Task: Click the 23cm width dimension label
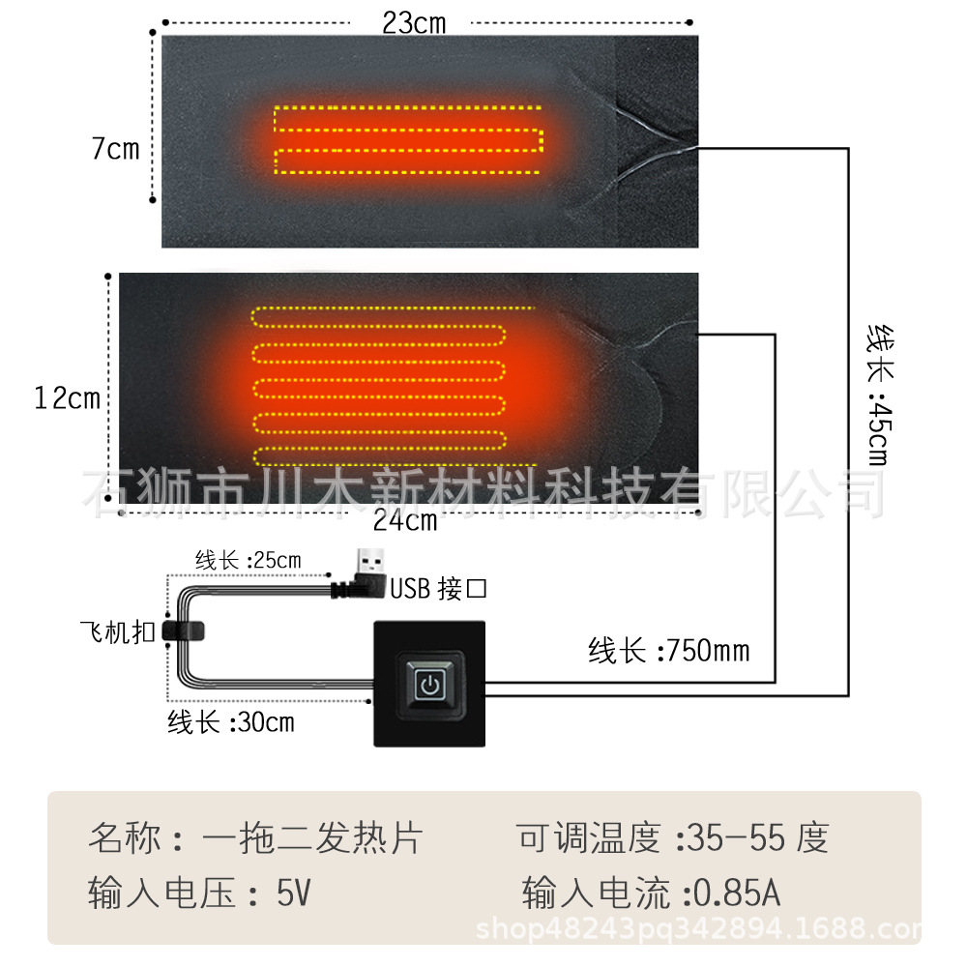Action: coord(414,23)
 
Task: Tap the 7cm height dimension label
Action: coord(115,150)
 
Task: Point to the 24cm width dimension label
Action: coord(405,521)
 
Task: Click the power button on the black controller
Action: coord(429,686)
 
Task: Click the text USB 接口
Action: coord(438,589)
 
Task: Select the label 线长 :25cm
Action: coord(248,560)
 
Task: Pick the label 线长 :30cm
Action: coord(231,721)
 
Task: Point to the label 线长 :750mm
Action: coord(668,651)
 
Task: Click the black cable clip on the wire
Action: coord(184,630)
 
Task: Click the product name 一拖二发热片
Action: coord(311,838)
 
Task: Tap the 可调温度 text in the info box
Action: coord(589,838)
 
